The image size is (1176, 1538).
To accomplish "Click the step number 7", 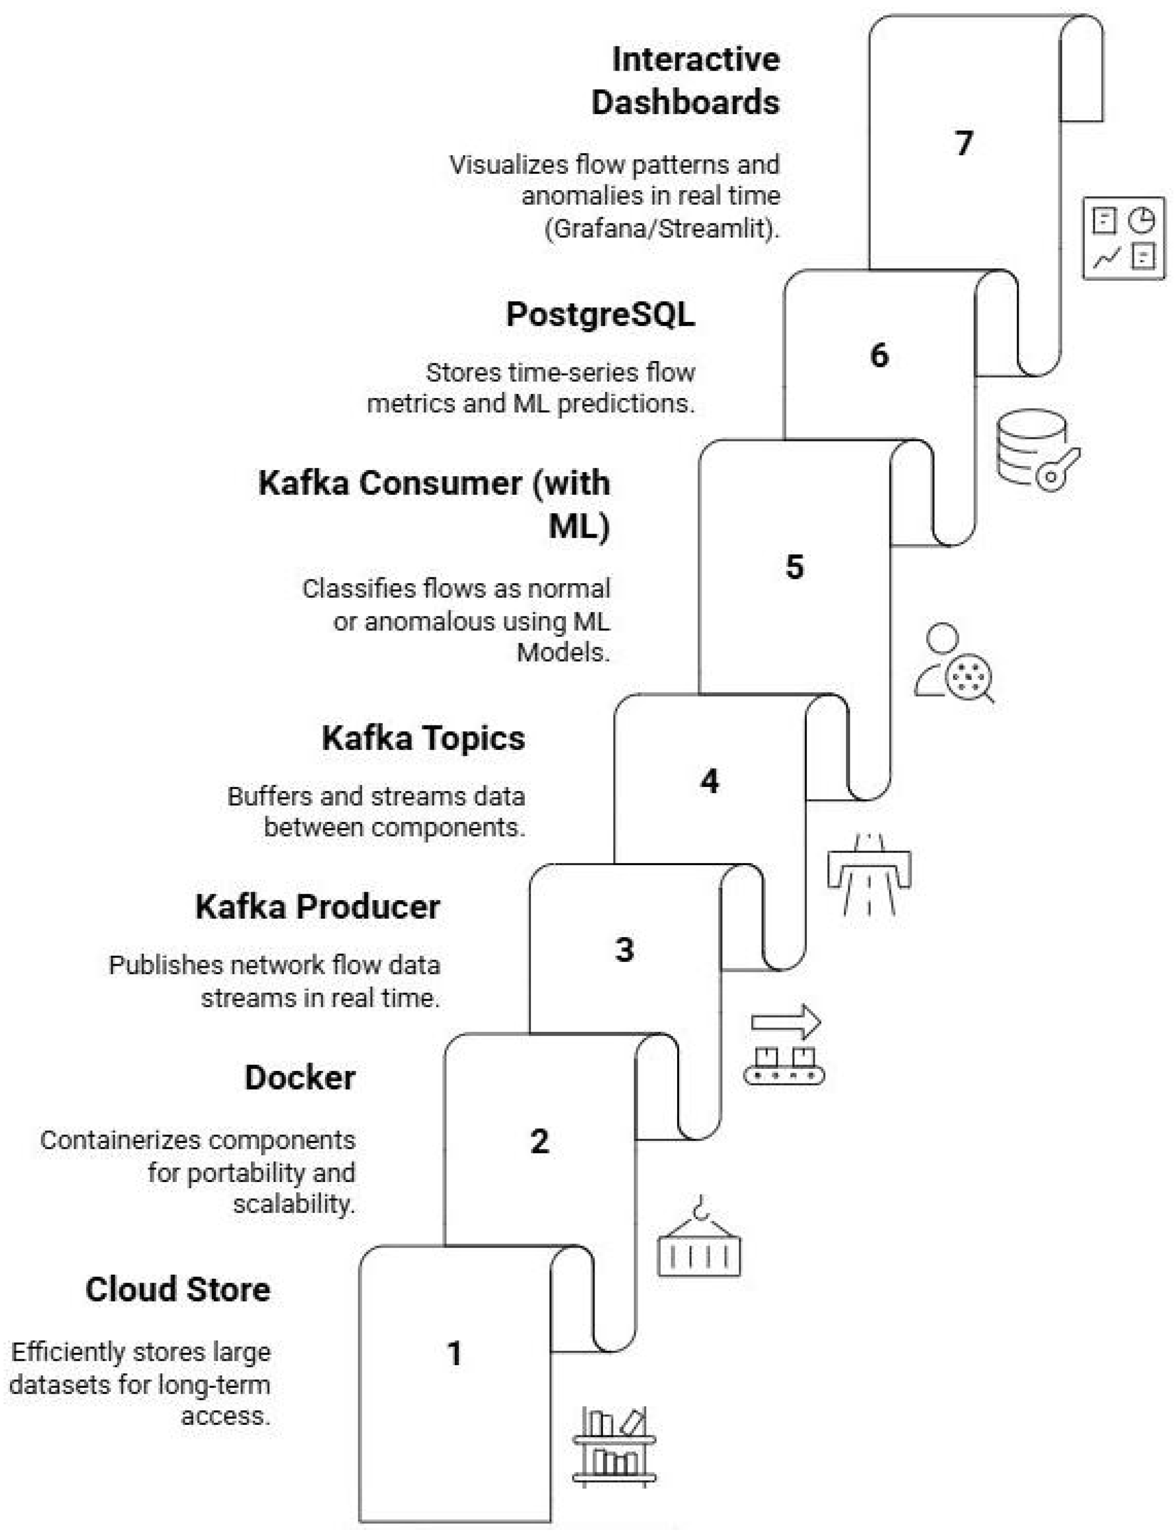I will [964, 144].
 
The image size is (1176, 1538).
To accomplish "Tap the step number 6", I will [879, 355].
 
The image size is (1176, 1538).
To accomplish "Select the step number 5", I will [794, 567].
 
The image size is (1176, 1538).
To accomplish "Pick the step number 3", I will [625, 950].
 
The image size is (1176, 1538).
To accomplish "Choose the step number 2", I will [540, 1141].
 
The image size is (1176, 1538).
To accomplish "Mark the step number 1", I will [455, 1353].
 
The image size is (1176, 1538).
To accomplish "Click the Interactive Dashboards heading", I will [686, 81].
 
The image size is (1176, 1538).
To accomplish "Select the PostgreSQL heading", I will [601, 314].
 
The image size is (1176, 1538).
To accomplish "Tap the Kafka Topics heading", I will [424, 738].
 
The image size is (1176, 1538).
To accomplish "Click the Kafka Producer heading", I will [318, 907].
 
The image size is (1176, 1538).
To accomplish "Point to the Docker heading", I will [301, 1077].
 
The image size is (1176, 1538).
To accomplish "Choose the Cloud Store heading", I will [178, 1289].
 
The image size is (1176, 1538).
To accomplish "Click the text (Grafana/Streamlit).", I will [662, 229].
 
